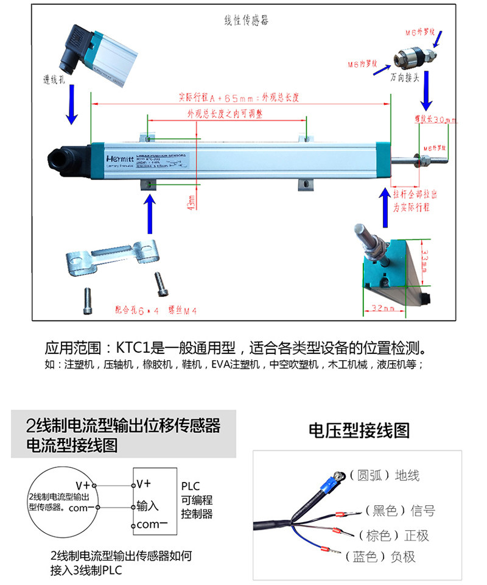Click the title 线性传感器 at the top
(246, 20)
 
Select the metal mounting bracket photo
(111, 259)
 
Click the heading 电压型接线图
(359, 431)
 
